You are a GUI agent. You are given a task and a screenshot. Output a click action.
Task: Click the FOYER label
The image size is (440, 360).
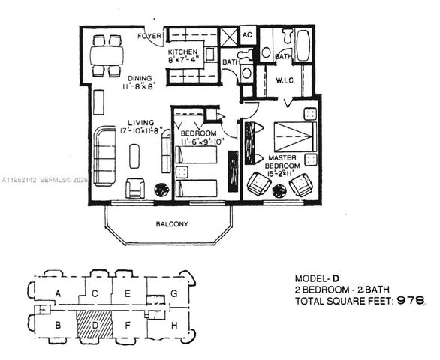pyautogui.click(x=149, y=36)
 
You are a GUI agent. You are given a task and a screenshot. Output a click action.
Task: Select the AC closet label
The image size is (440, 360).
pyautogui.click(x=248, y=35)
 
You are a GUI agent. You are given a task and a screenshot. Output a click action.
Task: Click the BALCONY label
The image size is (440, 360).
pyautogui.click(x=172, y=224)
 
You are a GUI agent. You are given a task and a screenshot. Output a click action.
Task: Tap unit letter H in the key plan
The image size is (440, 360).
pyautogui.click(x=173, y=325)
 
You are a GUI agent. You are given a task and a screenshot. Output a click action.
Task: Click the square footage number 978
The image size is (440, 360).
pyautogui.click(x=413, y=301)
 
